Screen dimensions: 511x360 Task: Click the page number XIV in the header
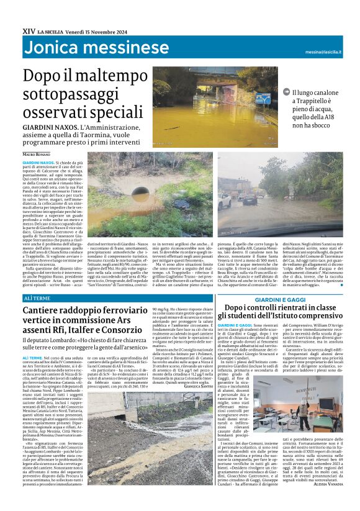tap(29, 30)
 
